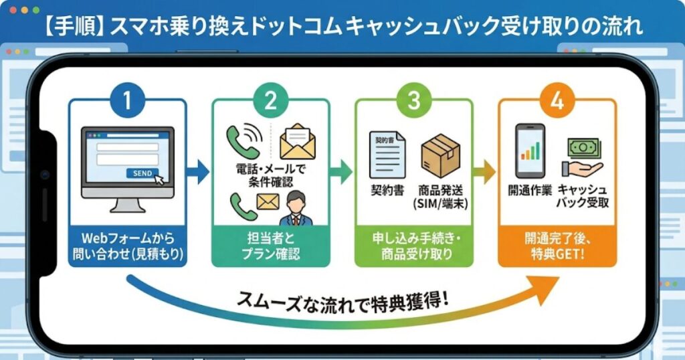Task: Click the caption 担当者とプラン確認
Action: [270, 245]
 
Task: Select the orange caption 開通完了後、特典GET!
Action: [557, 245]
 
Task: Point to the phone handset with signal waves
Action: [242, 140]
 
